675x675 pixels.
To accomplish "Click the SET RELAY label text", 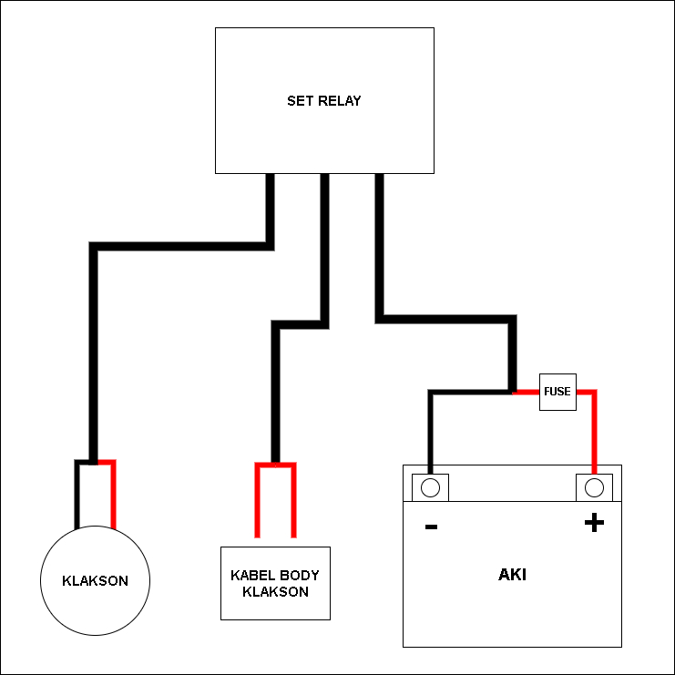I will [323, 101].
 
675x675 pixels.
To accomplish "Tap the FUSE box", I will [557, 392].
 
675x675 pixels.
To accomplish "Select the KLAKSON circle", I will [95, 579].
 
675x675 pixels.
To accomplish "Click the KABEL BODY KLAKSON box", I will [275, 583].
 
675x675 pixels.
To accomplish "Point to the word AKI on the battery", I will [512, 575].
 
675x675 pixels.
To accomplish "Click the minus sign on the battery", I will [431, 527].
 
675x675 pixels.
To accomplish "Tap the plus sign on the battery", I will [594, 523].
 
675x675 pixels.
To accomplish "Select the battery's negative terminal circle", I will [431, 487].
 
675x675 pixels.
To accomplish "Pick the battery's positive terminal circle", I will [594, 487].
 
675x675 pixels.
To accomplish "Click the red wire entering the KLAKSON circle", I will [114, 496].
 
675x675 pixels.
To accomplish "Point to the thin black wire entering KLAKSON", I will [77, 496].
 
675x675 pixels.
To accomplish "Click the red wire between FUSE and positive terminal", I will [594, 428].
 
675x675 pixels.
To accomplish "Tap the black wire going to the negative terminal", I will [431, 428].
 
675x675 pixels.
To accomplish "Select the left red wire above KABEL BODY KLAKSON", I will [258, 501].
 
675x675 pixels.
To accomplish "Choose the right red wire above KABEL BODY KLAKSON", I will [293, 501].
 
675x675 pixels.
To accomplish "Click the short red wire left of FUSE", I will [527, 392].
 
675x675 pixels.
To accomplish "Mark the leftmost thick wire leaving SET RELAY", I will [270, 210].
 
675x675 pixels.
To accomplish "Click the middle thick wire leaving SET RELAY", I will [324, 246].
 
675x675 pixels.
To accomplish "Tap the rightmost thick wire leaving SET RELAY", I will [379, 246].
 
